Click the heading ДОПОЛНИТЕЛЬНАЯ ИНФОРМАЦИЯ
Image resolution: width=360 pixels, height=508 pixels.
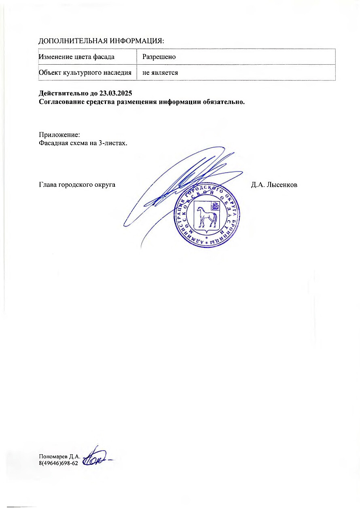click(102, 41)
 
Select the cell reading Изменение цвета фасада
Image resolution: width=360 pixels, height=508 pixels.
click(76, 57)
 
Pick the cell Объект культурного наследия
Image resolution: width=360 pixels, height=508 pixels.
click(85, 73)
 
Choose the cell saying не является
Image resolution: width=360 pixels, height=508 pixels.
click(160, 73)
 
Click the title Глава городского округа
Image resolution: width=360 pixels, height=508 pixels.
click(77, 185)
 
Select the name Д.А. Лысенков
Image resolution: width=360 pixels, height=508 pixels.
click(274, 185)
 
